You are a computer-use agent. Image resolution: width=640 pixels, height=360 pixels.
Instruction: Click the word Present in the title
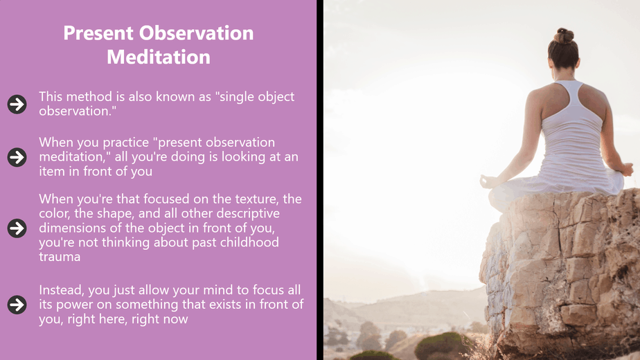tap(98, 33)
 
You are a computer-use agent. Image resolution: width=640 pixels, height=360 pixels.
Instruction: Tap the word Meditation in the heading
tap(159, 57)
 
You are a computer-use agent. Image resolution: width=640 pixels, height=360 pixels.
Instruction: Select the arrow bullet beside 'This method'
tap(17, 104)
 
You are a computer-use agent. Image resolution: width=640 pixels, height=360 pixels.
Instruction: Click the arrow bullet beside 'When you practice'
tap(17, 157)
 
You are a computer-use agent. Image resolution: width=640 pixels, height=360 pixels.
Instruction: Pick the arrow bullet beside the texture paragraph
tap(17, 228)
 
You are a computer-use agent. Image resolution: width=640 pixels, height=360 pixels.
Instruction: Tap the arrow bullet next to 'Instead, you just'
tap(17, 305)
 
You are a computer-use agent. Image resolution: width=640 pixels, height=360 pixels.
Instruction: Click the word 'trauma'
tap(60, 257)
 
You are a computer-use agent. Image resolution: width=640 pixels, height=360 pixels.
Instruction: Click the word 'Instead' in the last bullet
tap(62, 290)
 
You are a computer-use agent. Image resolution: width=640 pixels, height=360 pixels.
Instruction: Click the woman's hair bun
tap(564, 35)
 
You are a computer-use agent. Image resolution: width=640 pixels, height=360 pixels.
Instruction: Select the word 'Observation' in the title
tap(196, 33)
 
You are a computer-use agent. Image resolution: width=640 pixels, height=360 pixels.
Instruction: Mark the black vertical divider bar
tap(320, 180)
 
